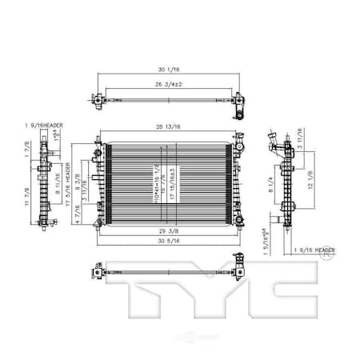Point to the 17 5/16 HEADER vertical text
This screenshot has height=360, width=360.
click(x=68, y=186)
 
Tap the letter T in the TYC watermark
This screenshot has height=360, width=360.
click(x=143, y=300)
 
